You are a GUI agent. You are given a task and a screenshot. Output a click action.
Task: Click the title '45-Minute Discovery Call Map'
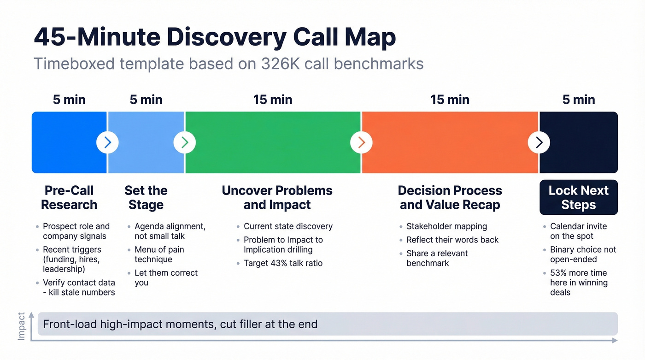(215, 37)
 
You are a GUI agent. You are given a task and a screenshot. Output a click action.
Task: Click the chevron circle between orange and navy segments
(539, 143)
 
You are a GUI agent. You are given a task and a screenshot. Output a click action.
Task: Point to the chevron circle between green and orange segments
(361, 143)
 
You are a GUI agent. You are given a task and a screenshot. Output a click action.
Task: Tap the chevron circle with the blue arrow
(107, 143)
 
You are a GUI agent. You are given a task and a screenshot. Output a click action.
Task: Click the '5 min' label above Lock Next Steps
(579, 100)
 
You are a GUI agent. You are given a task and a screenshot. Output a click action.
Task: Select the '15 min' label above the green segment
(273, 100)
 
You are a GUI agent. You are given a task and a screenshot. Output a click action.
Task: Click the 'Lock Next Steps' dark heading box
(579, 197)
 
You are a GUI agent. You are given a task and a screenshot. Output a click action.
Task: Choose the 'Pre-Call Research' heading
(69, 197)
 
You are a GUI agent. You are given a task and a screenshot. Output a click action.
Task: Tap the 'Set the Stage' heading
(146, 197)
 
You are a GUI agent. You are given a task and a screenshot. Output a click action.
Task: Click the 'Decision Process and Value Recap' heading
(450, 197)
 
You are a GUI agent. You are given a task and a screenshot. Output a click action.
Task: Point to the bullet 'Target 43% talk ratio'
(283, 263)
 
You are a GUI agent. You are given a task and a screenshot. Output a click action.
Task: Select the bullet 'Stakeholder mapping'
(446, 226)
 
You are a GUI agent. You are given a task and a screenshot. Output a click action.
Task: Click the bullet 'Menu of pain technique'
(159, 254)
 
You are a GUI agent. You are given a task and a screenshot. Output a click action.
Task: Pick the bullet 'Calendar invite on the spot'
(578, 231)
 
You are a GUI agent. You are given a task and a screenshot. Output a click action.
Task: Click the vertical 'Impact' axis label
(22, 326)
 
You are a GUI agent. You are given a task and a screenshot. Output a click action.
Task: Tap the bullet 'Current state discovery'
(288, 226)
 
